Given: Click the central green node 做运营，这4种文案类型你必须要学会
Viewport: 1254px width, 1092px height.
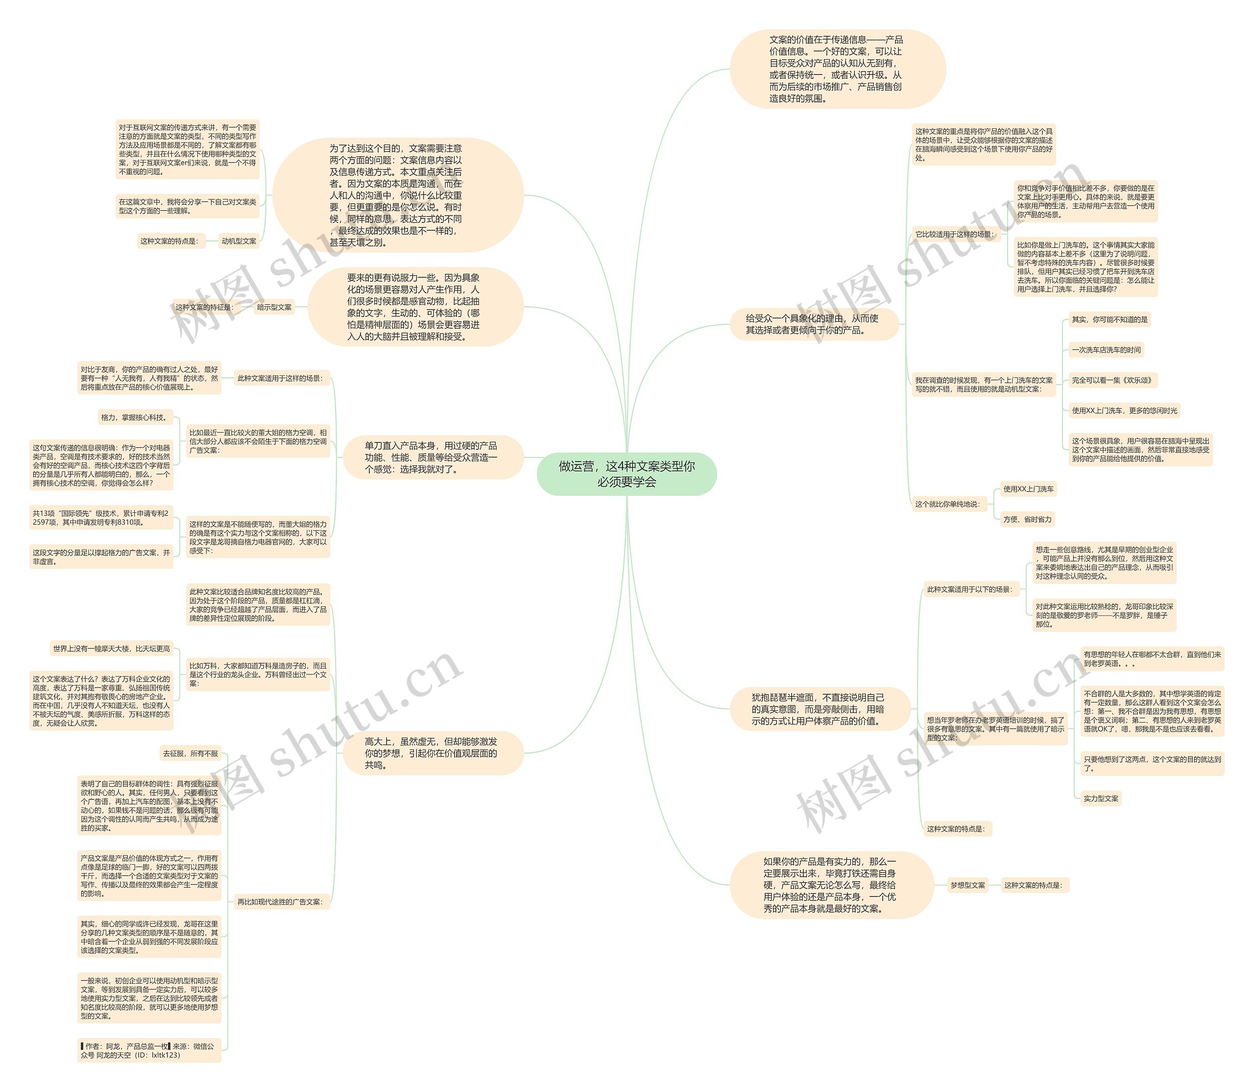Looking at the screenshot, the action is pos(627,474).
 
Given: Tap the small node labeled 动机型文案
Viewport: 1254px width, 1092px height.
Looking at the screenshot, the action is pos(239,242).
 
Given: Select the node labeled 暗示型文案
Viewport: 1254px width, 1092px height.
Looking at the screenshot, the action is pos(274,308).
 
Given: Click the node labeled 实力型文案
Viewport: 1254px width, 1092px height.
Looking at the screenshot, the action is pos(1101,798).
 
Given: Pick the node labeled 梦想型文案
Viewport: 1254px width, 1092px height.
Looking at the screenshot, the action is pos(967,885).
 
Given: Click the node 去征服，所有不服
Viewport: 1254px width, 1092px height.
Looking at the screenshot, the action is pos(190,754).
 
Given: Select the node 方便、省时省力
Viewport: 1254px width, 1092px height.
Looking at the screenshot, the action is pos(1027,519).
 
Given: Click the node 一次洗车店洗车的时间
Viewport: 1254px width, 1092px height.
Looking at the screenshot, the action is pos(1106,350).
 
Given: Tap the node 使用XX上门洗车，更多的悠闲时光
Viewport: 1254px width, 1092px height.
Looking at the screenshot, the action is pos(1124,411).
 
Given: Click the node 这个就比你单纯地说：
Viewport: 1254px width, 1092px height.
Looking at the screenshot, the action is pos(947,504).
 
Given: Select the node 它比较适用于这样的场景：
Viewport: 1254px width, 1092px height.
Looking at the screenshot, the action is pos(954,234).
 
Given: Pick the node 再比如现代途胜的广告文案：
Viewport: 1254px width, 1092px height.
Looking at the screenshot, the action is pos(280,902).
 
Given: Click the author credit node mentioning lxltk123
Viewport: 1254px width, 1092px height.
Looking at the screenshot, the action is pos(148,1050).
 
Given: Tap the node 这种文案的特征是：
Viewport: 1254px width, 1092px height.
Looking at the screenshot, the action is pos(204,308).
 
